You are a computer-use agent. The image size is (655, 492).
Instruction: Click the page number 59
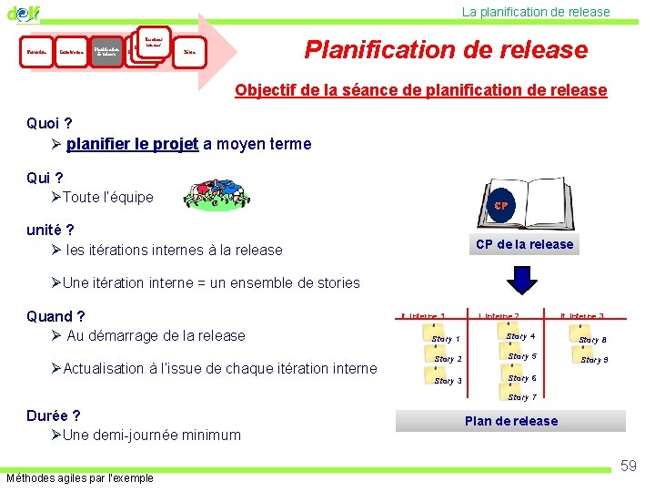tap(628, 466)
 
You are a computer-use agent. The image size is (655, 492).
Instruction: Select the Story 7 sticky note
tap(522, 396)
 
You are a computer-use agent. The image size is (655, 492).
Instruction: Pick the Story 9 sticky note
tap(594, 359)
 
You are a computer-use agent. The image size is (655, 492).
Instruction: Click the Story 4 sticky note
tap(520, 336)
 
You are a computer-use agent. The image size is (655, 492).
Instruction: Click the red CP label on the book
tap(501, 206)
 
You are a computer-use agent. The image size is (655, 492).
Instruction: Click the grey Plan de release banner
tap(511, 421)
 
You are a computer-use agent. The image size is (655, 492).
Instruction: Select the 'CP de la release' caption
tap(524, 244)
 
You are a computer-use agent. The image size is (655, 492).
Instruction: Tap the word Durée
tap(54, 415)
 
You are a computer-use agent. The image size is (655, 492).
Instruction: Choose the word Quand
tap(55, 316)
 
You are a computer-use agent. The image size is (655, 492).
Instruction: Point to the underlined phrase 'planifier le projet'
tap(133, 144)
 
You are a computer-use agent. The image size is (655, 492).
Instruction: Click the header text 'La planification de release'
tap(536, 12)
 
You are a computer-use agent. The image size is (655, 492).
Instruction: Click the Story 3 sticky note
tap(447, 380)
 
